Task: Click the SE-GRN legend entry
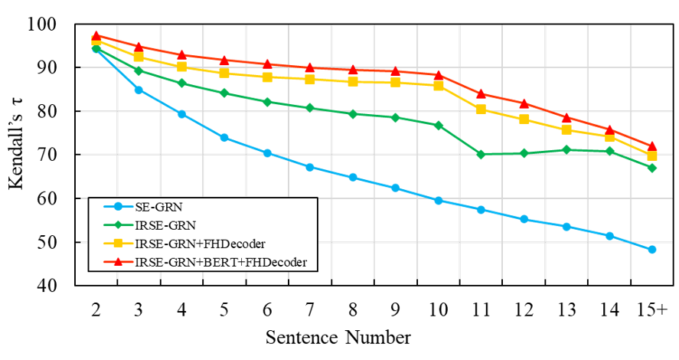point(143,207)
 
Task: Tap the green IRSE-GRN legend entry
point(150,225)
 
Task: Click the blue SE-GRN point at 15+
point(651,250)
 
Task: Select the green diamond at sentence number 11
point(481,154)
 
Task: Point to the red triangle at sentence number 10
point(438,75)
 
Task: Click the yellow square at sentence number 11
point(481,110)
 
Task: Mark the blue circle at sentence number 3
point(139,90)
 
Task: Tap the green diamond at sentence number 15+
point(651,168)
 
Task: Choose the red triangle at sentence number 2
point(96,35)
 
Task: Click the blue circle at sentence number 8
point(352,177)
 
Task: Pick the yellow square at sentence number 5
point(224,73)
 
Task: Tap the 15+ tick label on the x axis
point(651,310)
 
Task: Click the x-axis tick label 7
point(309,310)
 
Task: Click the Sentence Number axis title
point(338,338)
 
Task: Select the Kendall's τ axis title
point(16,143)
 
